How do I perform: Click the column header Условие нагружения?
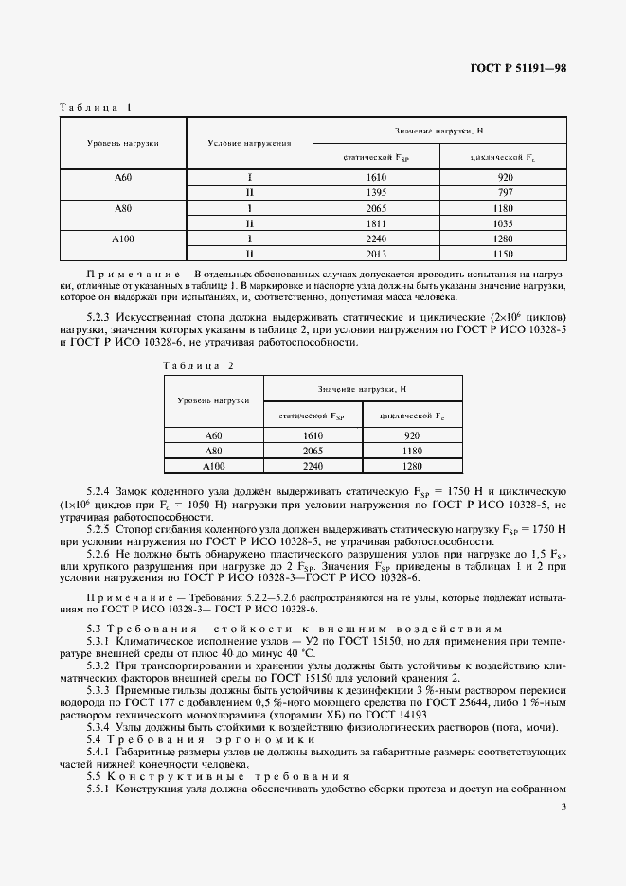(x=249, y=143)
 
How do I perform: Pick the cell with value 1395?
(x=376, y=192)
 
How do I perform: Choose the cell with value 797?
(x=504, y=192)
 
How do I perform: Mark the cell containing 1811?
(x=376, y=222)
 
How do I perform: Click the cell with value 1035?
(x=504, y=222)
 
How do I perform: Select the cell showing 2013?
(x=376, y=253)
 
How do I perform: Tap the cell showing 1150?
(x=504, y=253)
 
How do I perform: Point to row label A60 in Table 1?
(x=123, y=177)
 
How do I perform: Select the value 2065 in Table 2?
(x=313, y=451)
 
